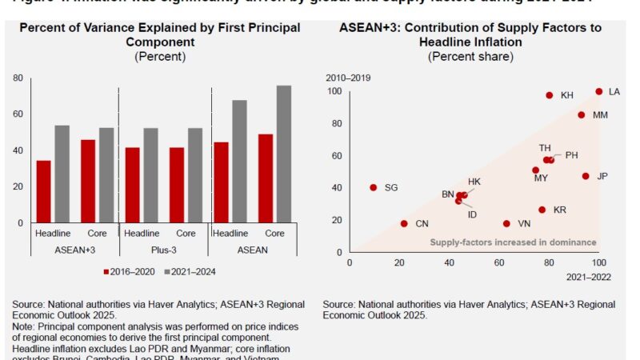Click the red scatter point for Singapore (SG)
point(373,188)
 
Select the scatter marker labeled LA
point(598,92)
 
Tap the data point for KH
point(550,95)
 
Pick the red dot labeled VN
point(506,224)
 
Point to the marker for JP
point(586,176)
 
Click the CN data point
point(404,224)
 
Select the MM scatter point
point(582,115)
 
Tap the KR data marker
point(542,210)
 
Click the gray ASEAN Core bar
point(284,154)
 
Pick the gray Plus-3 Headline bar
point(151,175)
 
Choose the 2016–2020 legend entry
point(133,271)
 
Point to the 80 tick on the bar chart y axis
point(17,78)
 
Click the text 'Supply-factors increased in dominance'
point(513,242)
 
